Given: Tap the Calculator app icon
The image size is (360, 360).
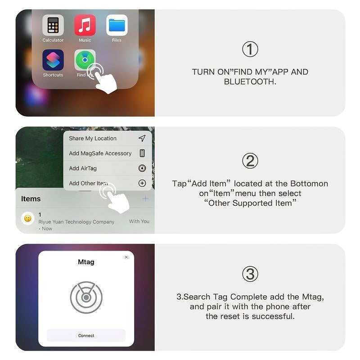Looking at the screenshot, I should coord(53,25).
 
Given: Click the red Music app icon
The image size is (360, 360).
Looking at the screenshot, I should coord(85,25).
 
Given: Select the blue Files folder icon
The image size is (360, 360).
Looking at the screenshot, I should coord(117,25).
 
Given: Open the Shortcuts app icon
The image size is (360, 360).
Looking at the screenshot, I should coord(53,60).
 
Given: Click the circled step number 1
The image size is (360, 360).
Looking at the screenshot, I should coord(250,49).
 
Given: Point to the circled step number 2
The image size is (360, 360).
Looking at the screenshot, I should coord(250,161).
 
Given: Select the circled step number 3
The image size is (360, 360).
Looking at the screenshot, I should coord(250,274).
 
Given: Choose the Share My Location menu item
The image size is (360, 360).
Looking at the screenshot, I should coord(93,139).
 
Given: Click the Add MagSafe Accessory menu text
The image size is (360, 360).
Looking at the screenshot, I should coord(100,153).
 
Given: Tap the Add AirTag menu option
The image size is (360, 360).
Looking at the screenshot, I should coord(83,168).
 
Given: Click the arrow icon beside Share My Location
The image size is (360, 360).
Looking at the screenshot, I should coord(142,138).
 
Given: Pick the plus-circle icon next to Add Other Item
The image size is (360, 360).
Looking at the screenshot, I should coord(142,183).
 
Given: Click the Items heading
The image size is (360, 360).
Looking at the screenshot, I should coord(31,199).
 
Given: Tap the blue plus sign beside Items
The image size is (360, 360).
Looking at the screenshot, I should coord(145,198).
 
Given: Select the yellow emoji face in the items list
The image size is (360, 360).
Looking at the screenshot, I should coord(28,219).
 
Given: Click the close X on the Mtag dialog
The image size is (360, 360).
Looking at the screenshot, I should coord(126,257).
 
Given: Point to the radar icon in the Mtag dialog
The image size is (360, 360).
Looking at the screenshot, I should coord(86,297).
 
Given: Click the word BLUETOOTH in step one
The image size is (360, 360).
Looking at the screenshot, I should coord(250,82).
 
